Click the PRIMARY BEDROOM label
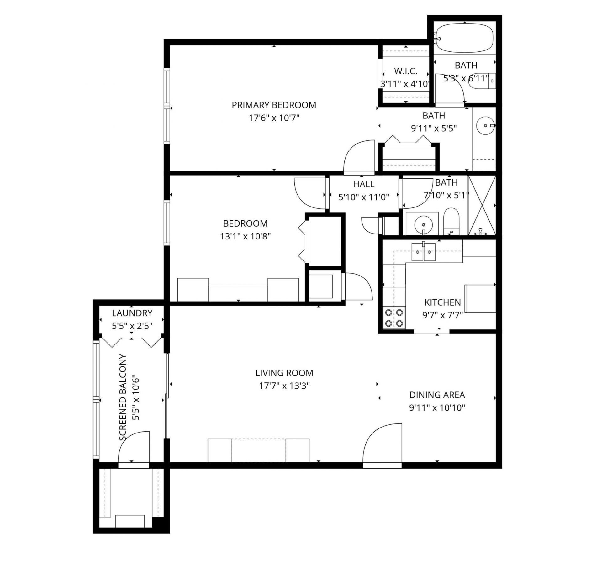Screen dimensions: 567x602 click(274, 105)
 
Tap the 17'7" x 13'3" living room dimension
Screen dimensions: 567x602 click(284, 386)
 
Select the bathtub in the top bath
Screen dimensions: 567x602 click(465, 38)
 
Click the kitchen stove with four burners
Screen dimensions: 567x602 click(394, 318)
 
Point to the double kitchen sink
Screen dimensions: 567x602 click(423, 252)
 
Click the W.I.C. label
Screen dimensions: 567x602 click(406, 71)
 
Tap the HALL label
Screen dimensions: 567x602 click(364, 184)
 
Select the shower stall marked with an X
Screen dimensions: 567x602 click(482, 205)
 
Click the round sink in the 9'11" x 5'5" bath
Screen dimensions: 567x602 click(485, 125)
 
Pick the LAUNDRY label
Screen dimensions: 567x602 click(132, 313)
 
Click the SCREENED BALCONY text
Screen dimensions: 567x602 click(123, 397)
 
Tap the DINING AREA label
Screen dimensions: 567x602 click(437, 395)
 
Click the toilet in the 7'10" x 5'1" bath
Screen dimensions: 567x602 click(451, 221)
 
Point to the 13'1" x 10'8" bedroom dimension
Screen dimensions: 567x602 click(245, 236)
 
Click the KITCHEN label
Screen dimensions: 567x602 click(442, 302)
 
